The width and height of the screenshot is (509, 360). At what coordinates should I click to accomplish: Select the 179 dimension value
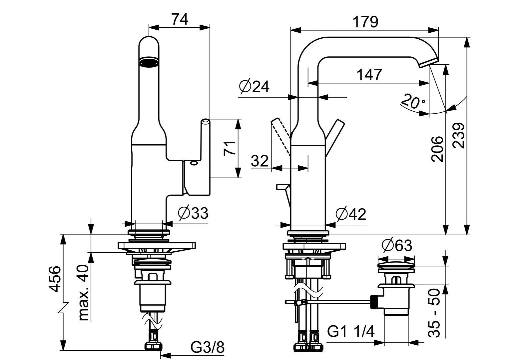pos(365,22)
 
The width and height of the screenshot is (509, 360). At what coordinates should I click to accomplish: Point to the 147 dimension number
pos(369,75)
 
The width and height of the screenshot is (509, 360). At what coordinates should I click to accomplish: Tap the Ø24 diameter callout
pos(254,86)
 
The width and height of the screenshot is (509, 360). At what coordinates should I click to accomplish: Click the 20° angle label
pos(412,101)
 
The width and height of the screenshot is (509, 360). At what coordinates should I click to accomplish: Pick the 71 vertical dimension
pos(230,148)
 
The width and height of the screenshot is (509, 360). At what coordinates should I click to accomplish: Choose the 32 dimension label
pos(260,161)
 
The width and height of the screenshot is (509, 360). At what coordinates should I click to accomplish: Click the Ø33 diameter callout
pos(193,213)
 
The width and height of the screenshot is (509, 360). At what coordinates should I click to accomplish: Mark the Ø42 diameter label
pos(351,214)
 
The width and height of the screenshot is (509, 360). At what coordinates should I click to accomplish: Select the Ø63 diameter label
pos(397,245)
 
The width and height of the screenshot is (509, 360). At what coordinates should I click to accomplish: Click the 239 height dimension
pos(458,136)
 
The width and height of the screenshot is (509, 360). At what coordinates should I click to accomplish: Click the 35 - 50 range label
pos(434,313)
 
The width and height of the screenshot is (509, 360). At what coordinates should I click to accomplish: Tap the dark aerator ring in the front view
pos(149,62)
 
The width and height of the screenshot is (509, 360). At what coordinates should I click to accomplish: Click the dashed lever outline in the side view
pos(281,136)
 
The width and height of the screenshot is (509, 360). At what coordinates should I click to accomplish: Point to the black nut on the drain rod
pos(374,302)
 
